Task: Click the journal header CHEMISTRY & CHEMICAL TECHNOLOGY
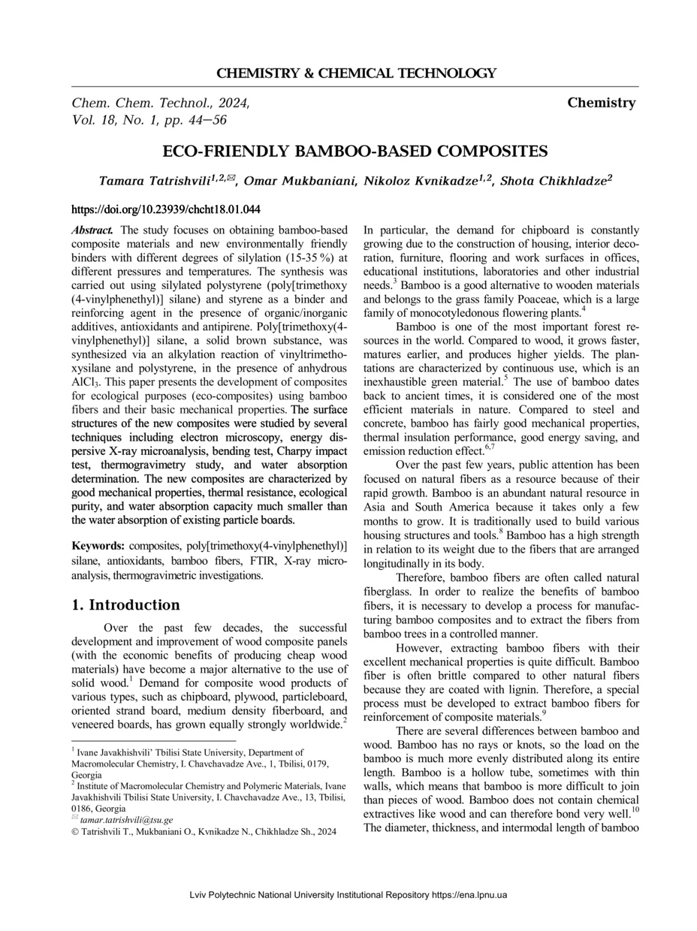click(356, 74)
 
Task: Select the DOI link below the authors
click(165, 209)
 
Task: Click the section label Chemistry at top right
click(602, 103)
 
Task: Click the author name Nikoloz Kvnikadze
click(419, 182)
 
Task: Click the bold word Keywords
click(98, 546)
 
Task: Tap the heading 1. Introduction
click(125, 605)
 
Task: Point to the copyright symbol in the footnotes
click(75, 832)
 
